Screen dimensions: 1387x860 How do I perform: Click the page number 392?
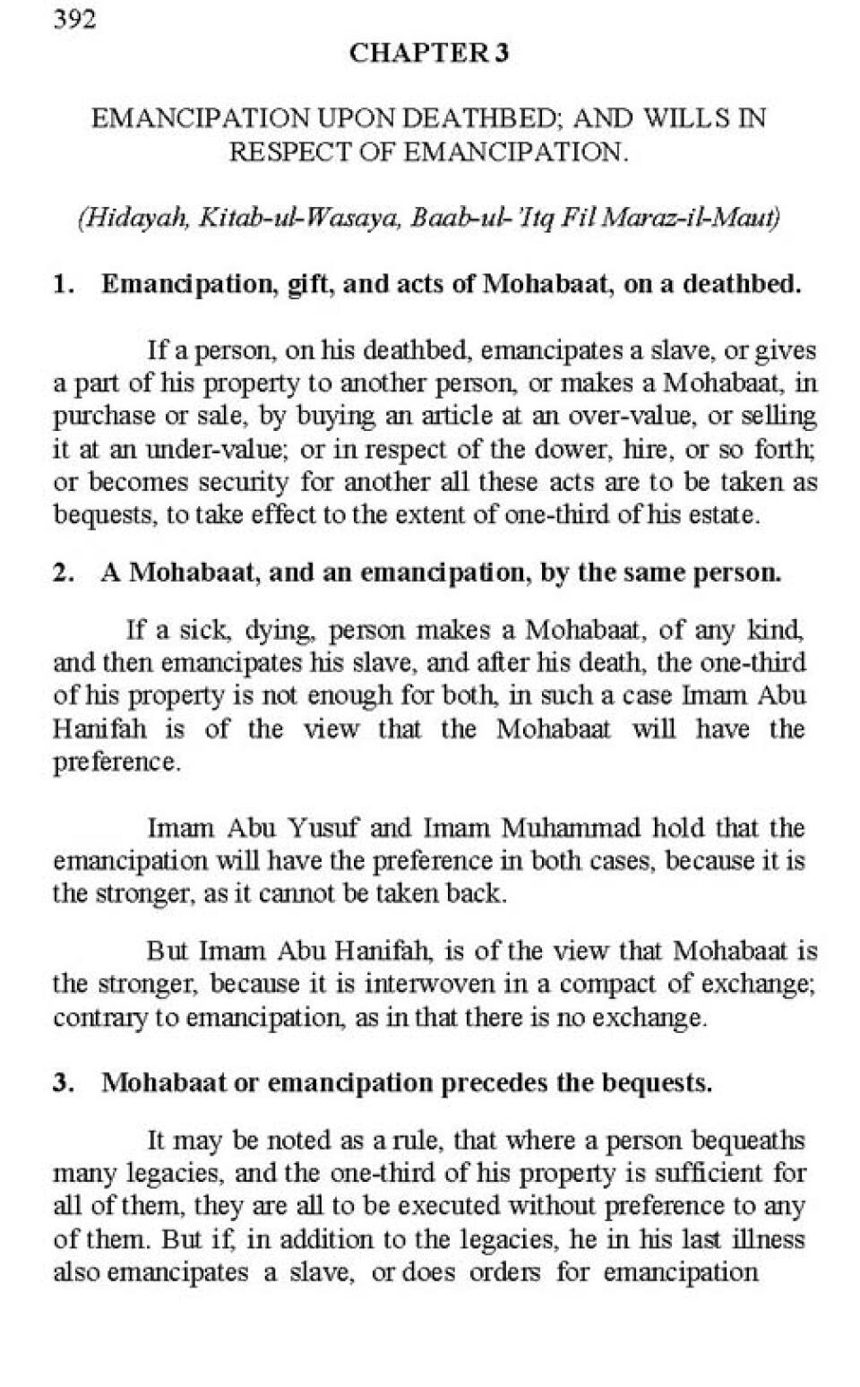74,19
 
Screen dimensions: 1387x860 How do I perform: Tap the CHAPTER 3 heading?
429,54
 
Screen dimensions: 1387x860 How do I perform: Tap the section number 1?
63,284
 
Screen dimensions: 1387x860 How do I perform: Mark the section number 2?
63,573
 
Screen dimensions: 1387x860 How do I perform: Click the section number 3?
63,1082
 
